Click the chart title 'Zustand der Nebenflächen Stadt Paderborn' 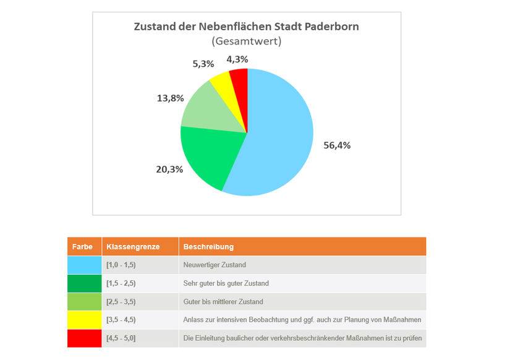tap(246, 27)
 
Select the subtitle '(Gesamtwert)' tap(246, 41)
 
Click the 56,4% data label tap(337, 145)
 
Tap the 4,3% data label tap(237, 59)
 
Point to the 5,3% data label tap(203, 63)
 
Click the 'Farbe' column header tap(82, 247)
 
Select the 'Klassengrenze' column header tap(133, 247)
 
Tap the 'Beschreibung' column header tap(208, 247)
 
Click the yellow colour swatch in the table tap(84, 320)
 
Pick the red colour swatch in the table tap(84, 338)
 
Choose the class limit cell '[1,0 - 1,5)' tap(121, 265)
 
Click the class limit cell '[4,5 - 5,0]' tap(121, 338)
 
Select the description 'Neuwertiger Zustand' tap(215, 265)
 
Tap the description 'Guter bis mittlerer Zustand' tap(223, 302)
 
